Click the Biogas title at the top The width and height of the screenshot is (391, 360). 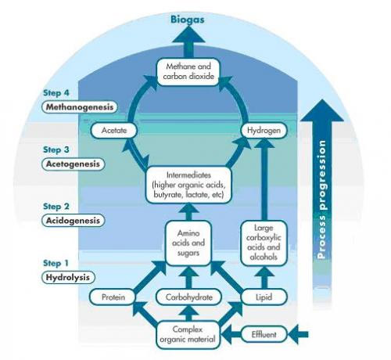pos(188,20)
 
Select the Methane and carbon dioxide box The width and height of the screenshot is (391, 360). pos(188,72)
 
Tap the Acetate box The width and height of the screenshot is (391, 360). pos(113,130)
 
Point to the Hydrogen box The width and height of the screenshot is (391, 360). pos(264,130)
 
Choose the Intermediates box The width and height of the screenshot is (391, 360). pos(188,185)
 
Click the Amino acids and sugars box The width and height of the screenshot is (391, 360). pos(188,243)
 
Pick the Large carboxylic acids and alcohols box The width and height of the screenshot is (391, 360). pos(264,243)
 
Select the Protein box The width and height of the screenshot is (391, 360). pos(113,297)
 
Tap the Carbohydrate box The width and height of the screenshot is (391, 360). pos(188,297)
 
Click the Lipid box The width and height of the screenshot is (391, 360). pos(264,297)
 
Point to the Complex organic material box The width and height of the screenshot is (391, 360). pos(188,334)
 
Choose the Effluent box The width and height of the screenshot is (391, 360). pos(264,334)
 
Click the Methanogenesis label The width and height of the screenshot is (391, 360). pos(80,107)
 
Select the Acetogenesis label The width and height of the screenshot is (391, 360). pos(73,164)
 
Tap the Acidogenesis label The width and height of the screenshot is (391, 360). pos(73,221)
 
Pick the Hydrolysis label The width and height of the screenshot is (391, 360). pos(68,277)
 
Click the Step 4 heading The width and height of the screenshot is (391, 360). pos(56,93)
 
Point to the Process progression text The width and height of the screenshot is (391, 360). pos(322,200)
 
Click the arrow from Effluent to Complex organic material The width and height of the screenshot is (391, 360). pos(231,334)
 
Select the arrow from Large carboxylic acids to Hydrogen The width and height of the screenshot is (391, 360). pos(264,179)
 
